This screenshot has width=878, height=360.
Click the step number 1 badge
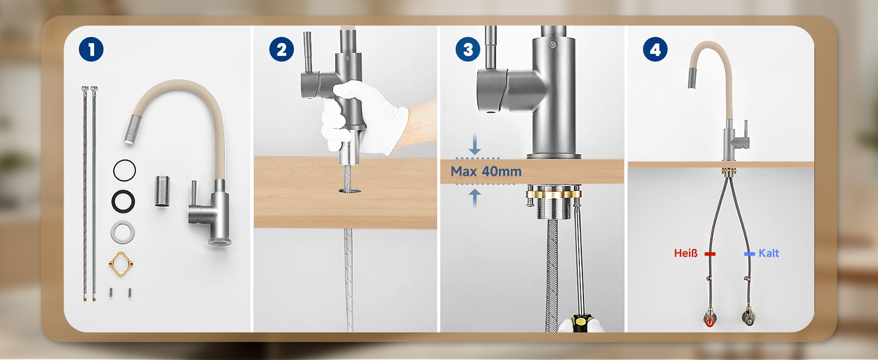[x=91, y=49]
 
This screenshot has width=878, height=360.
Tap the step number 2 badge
[x=281, y=49]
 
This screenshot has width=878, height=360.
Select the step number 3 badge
[x=468, y=49]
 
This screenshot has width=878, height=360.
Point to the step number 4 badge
[x=655, y=49]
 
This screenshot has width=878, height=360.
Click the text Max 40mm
[x=486, y=172]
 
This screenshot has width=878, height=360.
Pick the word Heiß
[x=686, y=253]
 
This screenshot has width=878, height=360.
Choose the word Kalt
[x=769, y=253]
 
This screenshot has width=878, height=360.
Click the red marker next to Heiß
[x=710, y=254]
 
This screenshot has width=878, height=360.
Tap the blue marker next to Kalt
[x=750, y=254]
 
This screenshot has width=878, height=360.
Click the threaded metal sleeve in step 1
[x=162, y=191]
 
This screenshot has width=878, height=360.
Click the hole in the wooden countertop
[x=350, y=191]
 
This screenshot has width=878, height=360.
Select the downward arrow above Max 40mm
[x=474, y=145]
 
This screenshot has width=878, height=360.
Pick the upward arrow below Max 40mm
[x=474, y=197]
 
